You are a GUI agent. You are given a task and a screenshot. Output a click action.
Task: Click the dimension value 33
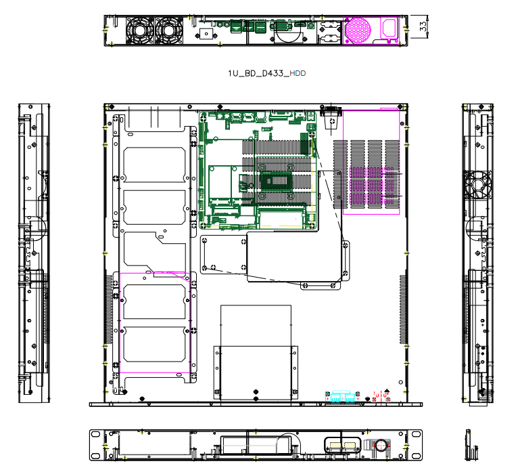(423, 26)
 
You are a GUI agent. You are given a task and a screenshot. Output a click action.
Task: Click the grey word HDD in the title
(298, 73)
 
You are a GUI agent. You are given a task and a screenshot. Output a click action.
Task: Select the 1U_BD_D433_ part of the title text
(258, 73)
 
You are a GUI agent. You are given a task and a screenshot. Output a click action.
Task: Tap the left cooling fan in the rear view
(139, 30)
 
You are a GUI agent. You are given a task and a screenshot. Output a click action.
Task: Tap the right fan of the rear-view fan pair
(169, 30)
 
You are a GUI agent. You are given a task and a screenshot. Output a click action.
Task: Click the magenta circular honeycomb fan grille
(358, 30)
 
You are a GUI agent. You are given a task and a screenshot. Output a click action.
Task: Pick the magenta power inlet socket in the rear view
(389, 28)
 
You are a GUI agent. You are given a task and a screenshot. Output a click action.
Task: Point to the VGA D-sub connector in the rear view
(281, 26)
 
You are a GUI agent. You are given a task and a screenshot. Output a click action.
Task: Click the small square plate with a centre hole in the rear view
(206, 34)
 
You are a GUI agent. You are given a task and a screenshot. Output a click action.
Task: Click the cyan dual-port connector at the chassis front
(343, 397)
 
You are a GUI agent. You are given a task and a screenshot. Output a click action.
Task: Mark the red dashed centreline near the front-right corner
(381, 398)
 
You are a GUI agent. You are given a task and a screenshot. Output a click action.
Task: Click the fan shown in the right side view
(477, 185)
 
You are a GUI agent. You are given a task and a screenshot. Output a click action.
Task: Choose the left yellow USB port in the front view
(335, 445)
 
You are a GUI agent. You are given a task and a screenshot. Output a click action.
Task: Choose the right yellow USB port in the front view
(350, 445)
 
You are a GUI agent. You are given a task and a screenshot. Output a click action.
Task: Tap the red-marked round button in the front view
(381, 445)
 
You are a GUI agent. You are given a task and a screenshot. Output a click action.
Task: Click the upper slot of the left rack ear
(95, 434)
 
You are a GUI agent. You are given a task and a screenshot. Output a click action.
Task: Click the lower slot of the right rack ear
(416, 456)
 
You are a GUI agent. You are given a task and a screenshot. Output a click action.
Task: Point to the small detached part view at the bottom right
(471, 445)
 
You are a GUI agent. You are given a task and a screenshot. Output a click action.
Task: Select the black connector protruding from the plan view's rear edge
(331, 111)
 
